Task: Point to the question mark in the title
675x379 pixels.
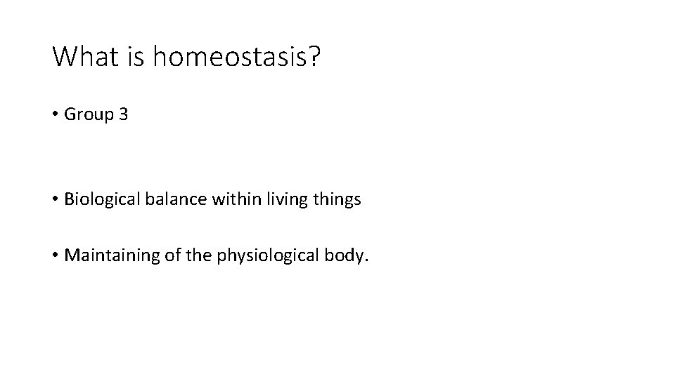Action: click(x=312, y=56)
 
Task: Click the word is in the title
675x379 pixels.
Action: click(x=137, y=56)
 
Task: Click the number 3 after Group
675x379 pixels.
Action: click(x=124, y=114)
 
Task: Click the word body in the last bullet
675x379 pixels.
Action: click(x=345, y=257)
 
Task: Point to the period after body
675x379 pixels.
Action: click(x=366, y=261)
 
